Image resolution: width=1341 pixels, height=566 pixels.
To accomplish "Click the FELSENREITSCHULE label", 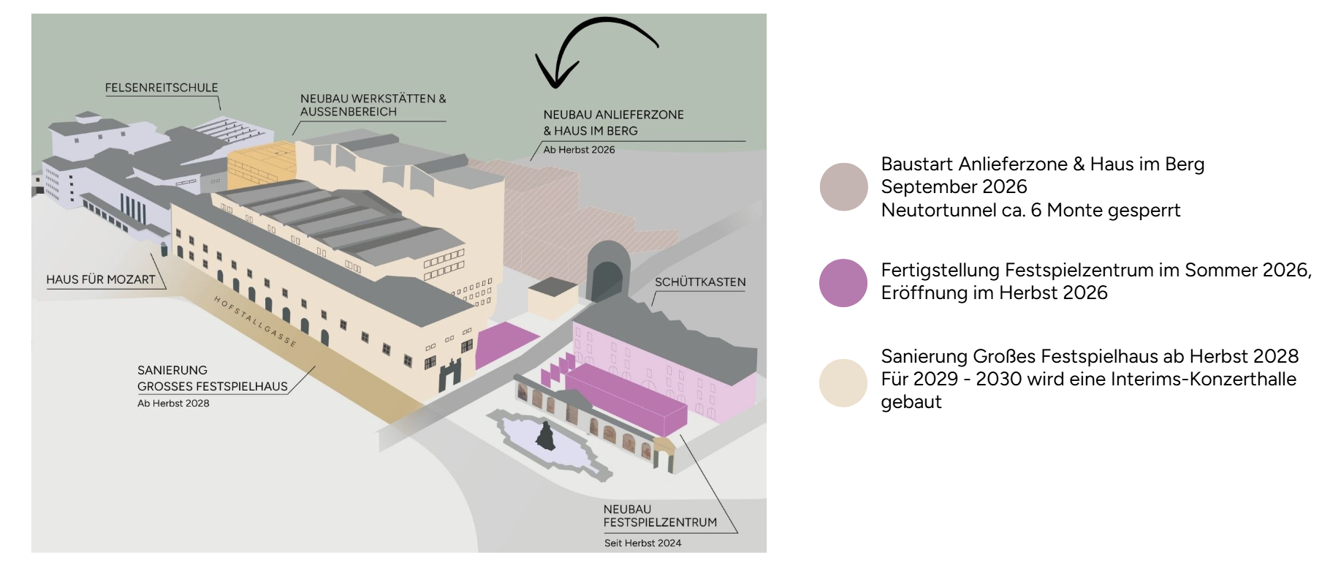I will click(162, 88).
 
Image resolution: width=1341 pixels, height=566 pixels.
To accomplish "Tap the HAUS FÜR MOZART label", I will click(101, 279).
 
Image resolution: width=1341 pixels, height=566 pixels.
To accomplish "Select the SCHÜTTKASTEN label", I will click(700, 282).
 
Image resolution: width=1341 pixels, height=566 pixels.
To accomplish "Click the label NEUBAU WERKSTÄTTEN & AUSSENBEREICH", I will click(373, 105).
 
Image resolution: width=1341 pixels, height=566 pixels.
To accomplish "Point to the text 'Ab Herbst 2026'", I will click(579, 150).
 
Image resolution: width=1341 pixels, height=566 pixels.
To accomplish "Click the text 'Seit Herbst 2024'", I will click(642, 543).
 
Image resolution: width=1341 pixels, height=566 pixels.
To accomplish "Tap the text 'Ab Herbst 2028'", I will click(173, 404).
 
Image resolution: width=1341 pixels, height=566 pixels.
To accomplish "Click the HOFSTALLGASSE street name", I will click(255, 322).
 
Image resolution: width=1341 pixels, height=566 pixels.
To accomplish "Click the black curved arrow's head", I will click(555, 77).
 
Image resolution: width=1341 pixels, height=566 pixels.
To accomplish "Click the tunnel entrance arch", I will click(607, 274).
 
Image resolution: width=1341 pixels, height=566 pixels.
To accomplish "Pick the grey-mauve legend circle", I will click(843, 187).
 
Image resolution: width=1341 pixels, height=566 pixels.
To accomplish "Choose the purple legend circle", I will click(843, 282).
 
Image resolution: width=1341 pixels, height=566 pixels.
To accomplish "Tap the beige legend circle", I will click(843, 382).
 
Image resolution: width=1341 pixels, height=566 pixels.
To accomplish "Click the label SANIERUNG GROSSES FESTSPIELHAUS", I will click(212, 378).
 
